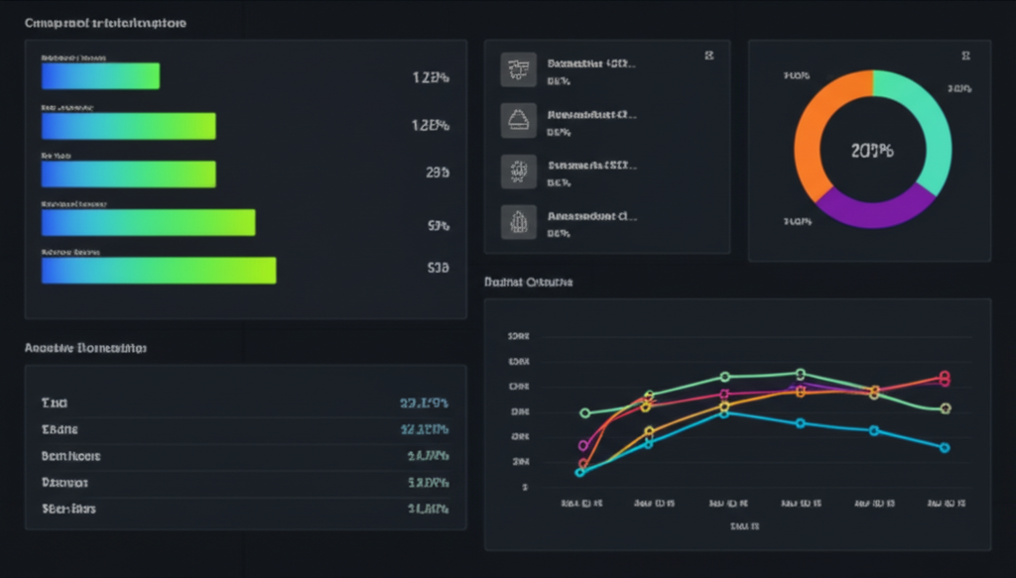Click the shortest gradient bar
pyautogui.click(x=100, y=76)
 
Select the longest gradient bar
pyautogui.click(x=159, y=271)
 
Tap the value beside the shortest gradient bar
pyautogui.click(x=431, y=77)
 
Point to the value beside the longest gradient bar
pyautogui.click(x=438, y=268)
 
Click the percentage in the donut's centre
pyautogui.click(x=872, y=152)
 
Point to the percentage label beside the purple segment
pyautogui.click(x=798, y=221)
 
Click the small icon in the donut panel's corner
pyautogui.click(x=965, y=57)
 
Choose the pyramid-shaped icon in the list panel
pyautogui.click(x=518, y=119)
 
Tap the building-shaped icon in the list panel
pyautogui.click(x=518, y=221)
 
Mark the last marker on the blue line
pyautogui.click(x=945, y=447)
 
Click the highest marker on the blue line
pyautogui.click(x=724, y=412)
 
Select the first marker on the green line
pyautogui.click(x=584, y=412)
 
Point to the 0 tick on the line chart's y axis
pyautogui.click(x=524, y=487)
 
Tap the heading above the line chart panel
pyautogui.click(x=528, y=283)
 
